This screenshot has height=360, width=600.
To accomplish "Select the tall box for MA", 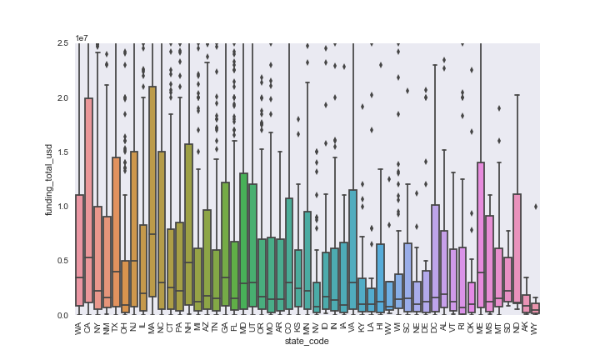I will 152,192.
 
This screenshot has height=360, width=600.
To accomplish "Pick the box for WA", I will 79,250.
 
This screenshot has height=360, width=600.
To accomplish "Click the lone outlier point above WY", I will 536,207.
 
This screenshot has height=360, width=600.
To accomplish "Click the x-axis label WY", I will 536,326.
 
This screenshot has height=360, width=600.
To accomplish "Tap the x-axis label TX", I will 117,326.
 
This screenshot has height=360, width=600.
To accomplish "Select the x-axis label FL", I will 234,326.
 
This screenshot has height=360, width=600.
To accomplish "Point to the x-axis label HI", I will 380,326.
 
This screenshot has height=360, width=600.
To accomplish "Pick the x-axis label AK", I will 526,326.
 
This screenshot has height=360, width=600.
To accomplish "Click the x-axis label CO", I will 289,326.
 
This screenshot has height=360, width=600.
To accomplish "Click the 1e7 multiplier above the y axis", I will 81,37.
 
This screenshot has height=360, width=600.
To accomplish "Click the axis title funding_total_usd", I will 50,179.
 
